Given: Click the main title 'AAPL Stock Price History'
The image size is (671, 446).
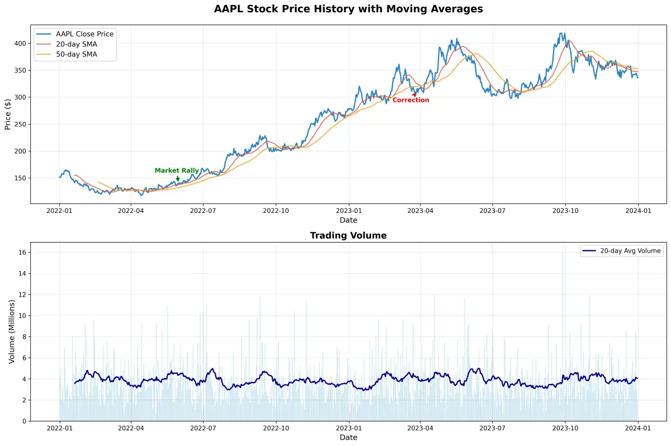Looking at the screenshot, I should (348, 9).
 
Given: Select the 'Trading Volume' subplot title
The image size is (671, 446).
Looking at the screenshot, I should (348, 236).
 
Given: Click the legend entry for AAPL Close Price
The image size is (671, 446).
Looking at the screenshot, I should (84, 34).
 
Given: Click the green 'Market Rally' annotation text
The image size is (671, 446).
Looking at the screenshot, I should (177, 170).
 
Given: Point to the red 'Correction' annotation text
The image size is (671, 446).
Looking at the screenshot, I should (410, 101).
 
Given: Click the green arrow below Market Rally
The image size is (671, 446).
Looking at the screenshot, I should (178, 179).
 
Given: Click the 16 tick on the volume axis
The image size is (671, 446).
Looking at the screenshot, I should (22, 253).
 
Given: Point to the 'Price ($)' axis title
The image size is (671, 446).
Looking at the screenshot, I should (8, 113).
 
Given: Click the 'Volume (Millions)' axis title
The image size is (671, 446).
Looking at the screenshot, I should (11, 331).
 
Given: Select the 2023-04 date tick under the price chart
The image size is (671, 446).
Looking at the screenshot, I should (420, 211).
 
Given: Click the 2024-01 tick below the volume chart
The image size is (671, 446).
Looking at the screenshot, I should (637, 429).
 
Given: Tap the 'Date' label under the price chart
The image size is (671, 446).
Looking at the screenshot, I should (348, 220).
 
